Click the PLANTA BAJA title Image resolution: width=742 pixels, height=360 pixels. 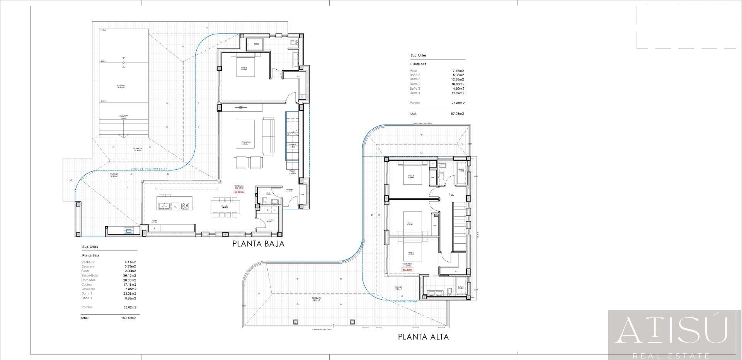(258, 244)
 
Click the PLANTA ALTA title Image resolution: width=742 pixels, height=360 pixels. (423, 337)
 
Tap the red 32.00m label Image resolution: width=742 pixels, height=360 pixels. (239, 192)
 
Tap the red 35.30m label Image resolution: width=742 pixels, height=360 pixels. (407, 270)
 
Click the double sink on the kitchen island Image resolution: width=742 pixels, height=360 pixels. (164, 206)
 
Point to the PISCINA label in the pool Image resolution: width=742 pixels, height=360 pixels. (121, 86)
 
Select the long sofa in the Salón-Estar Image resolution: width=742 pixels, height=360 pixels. (268, 135)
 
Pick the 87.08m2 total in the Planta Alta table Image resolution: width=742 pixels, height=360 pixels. (457, 114)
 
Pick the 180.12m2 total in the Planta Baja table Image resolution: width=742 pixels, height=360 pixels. (128, 318)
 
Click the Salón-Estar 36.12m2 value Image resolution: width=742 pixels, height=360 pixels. (130, 276)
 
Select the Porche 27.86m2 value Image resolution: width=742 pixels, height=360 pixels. (458, 103)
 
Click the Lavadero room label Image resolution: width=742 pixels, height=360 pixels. (270, 220)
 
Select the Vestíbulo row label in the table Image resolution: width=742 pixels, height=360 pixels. (88, 262)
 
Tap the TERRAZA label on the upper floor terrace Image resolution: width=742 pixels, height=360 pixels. (317, 299)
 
